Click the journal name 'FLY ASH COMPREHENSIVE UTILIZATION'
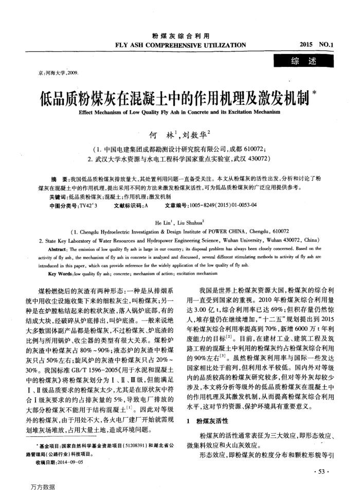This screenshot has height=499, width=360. pyautogui.click(x=181, y=45)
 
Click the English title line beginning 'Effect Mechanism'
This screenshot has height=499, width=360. pyautogui.click(x=179, y=112)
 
